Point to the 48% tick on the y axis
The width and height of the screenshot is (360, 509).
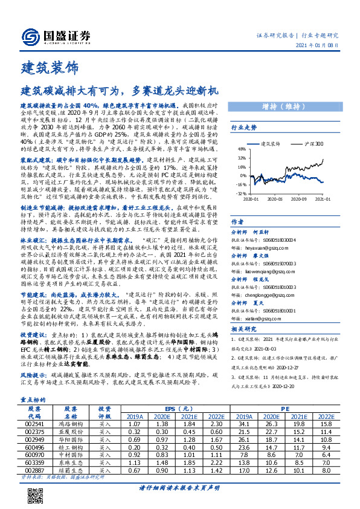click(x=240, y=148)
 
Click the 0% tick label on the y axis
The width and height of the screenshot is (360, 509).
click(x=242, y=175)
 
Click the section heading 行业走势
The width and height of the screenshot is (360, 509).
click(x=244, y=128)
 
